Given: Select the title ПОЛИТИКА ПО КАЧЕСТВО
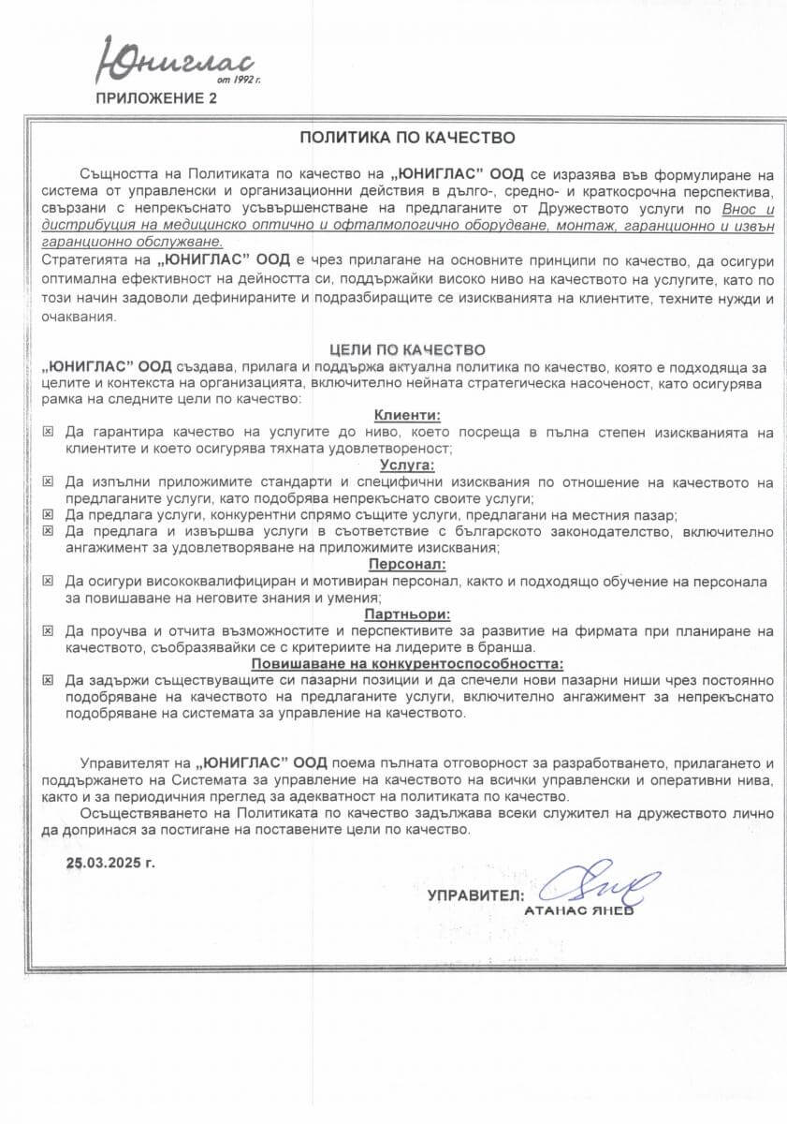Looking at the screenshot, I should (407, 137).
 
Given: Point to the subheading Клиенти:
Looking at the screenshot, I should (407, 415).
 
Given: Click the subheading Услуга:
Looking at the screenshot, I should (407, 464).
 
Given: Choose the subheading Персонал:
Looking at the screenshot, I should (407, 564).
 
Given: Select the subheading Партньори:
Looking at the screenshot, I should (407, 614).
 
